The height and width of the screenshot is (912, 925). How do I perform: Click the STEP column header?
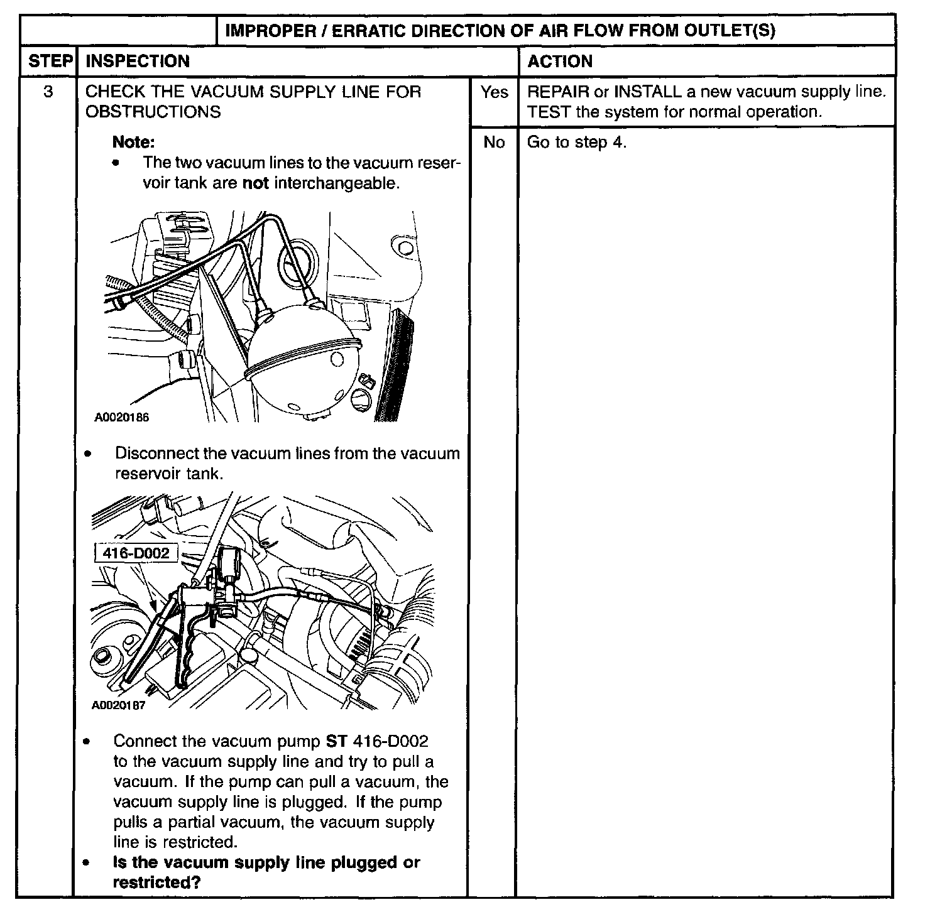coord(49,61)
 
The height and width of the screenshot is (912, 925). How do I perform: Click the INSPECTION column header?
coord(137,61)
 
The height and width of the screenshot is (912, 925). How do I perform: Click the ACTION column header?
coord(560,61)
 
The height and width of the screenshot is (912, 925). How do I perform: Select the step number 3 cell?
coord(48,92)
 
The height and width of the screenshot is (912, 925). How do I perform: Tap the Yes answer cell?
coord(494,92)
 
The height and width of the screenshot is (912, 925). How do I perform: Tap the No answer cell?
coord(494,143)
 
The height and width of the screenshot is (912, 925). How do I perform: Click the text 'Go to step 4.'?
coord(576,143)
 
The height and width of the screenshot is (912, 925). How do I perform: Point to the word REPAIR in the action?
coord(557,92)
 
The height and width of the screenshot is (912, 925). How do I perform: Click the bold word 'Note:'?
coord(133,142)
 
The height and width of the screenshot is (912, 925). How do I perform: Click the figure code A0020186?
coord(122,417)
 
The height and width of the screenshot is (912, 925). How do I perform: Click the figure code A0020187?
coord(119,705)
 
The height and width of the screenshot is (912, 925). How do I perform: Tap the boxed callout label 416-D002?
coord(136,553)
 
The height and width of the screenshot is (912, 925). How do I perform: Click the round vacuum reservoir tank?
coord(302,364)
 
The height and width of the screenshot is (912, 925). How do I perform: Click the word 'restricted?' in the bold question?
coord(156,882)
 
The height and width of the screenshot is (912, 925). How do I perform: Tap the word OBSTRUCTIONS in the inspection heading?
coord(153,112)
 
